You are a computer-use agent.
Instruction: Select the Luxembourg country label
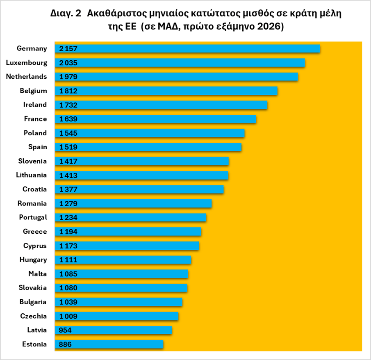[27, 63]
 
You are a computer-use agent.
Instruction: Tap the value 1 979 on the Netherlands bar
[68, 77]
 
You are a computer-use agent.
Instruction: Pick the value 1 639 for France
[68, 119]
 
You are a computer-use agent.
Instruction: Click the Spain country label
[38, 147]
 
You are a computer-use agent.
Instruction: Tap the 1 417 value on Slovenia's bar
[68, 162]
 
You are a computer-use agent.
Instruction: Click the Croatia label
[35, 189]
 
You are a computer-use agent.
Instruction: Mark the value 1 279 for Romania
[68, 204]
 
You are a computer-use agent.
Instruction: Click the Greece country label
[35, 232]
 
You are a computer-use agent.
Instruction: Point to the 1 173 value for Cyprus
[68, 246]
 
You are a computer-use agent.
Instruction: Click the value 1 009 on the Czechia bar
[68, 317]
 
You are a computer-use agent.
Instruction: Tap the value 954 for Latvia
[66, 330]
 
